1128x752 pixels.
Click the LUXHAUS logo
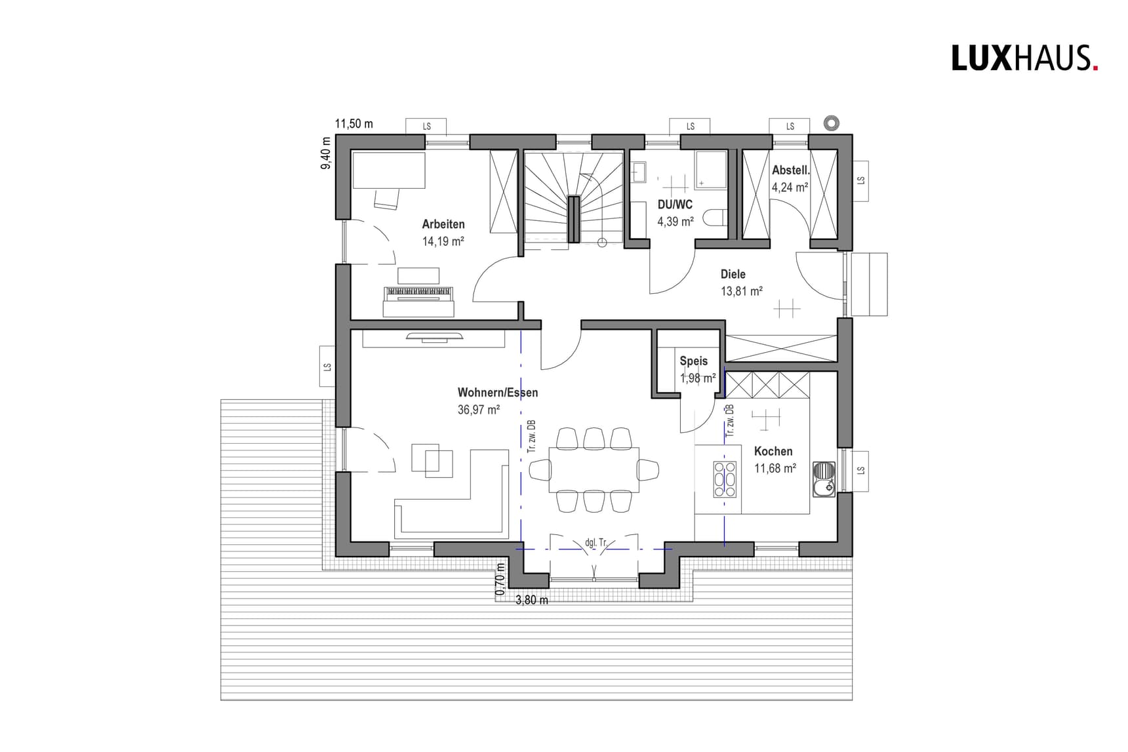(1024, 58)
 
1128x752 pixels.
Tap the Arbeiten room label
(443, 224)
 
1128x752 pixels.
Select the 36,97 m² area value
(479, 410)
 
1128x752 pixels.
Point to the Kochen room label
(773, 451)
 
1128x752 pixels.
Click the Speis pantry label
(694, 361)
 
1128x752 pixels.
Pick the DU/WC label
(675, 205)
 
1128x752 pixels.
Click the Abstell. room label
(790, 170)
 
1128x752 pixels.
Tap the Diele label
(733, 274)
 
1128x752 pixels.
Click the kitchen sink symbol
(824, 479)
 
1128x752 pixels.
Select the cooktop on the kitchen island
(725, 479)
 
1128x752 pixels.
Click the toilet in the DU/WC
(715, 217)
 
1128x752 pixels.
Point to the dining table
(594, 469)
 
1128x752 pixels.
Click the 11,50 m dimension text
(353, 124)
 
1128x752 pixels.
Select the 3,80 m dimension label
(532, 600)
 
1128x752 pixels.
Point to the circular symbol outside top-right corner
(832, 123)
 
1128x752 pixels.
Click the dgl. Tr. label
(596, 543)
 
